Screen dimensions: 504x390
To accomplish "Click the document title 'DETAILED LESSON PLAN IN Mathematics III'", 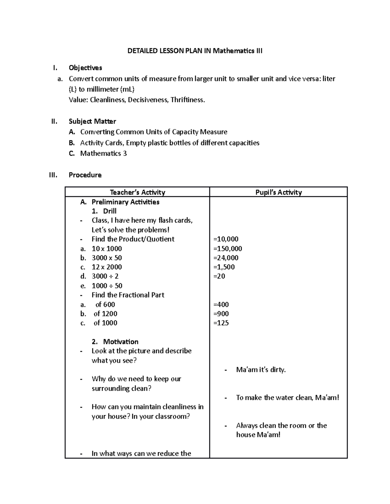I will pos(195,51).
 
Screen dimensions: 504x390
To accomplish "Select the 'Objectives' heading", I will pos(85,68).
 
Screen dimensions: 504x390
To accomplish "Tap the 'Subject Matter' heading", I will pos(92,121).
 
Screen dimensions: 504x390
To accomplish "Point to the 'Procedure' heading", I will pos(85,175).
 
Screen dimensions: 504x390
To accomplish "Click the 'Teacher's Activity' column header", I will pos(137,192).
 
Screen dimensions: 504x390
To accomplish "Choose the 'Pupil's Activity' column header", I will pos(279,192).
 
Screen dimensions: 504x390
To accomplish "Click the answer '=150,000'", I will pos(227,249).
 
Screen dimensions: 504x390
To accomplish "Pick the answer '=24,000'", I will pos(226,258).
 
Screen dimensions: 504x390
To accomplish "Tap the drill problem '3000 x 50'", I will pos(107,258).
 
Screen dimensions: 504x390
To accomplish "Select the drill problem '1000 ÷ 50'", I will pos(107,286).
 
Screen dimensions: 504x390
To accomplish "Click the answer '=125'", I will pos(221,323).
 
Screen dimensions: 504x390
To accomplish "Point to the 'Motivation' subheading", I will pos(121,341).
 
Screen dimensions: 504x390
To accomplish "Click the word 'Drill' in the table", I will pos(110,211).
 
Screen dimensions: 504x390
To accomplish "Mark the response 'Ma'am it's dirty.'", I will pos(261,370).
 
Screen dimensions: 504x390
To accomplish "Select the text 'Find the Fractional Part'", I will pos(128,295).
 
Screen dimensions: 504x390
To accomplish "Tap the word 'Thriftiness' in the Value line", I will pos(189,100).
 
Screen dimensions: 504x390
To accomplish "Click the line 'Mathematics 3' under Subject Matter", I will pos(103,154).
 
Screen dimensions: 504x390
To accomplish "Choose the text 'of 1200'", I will pos(105,313).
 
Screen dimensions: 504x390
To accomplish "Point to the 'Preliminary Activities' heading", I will pos(125,202).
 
